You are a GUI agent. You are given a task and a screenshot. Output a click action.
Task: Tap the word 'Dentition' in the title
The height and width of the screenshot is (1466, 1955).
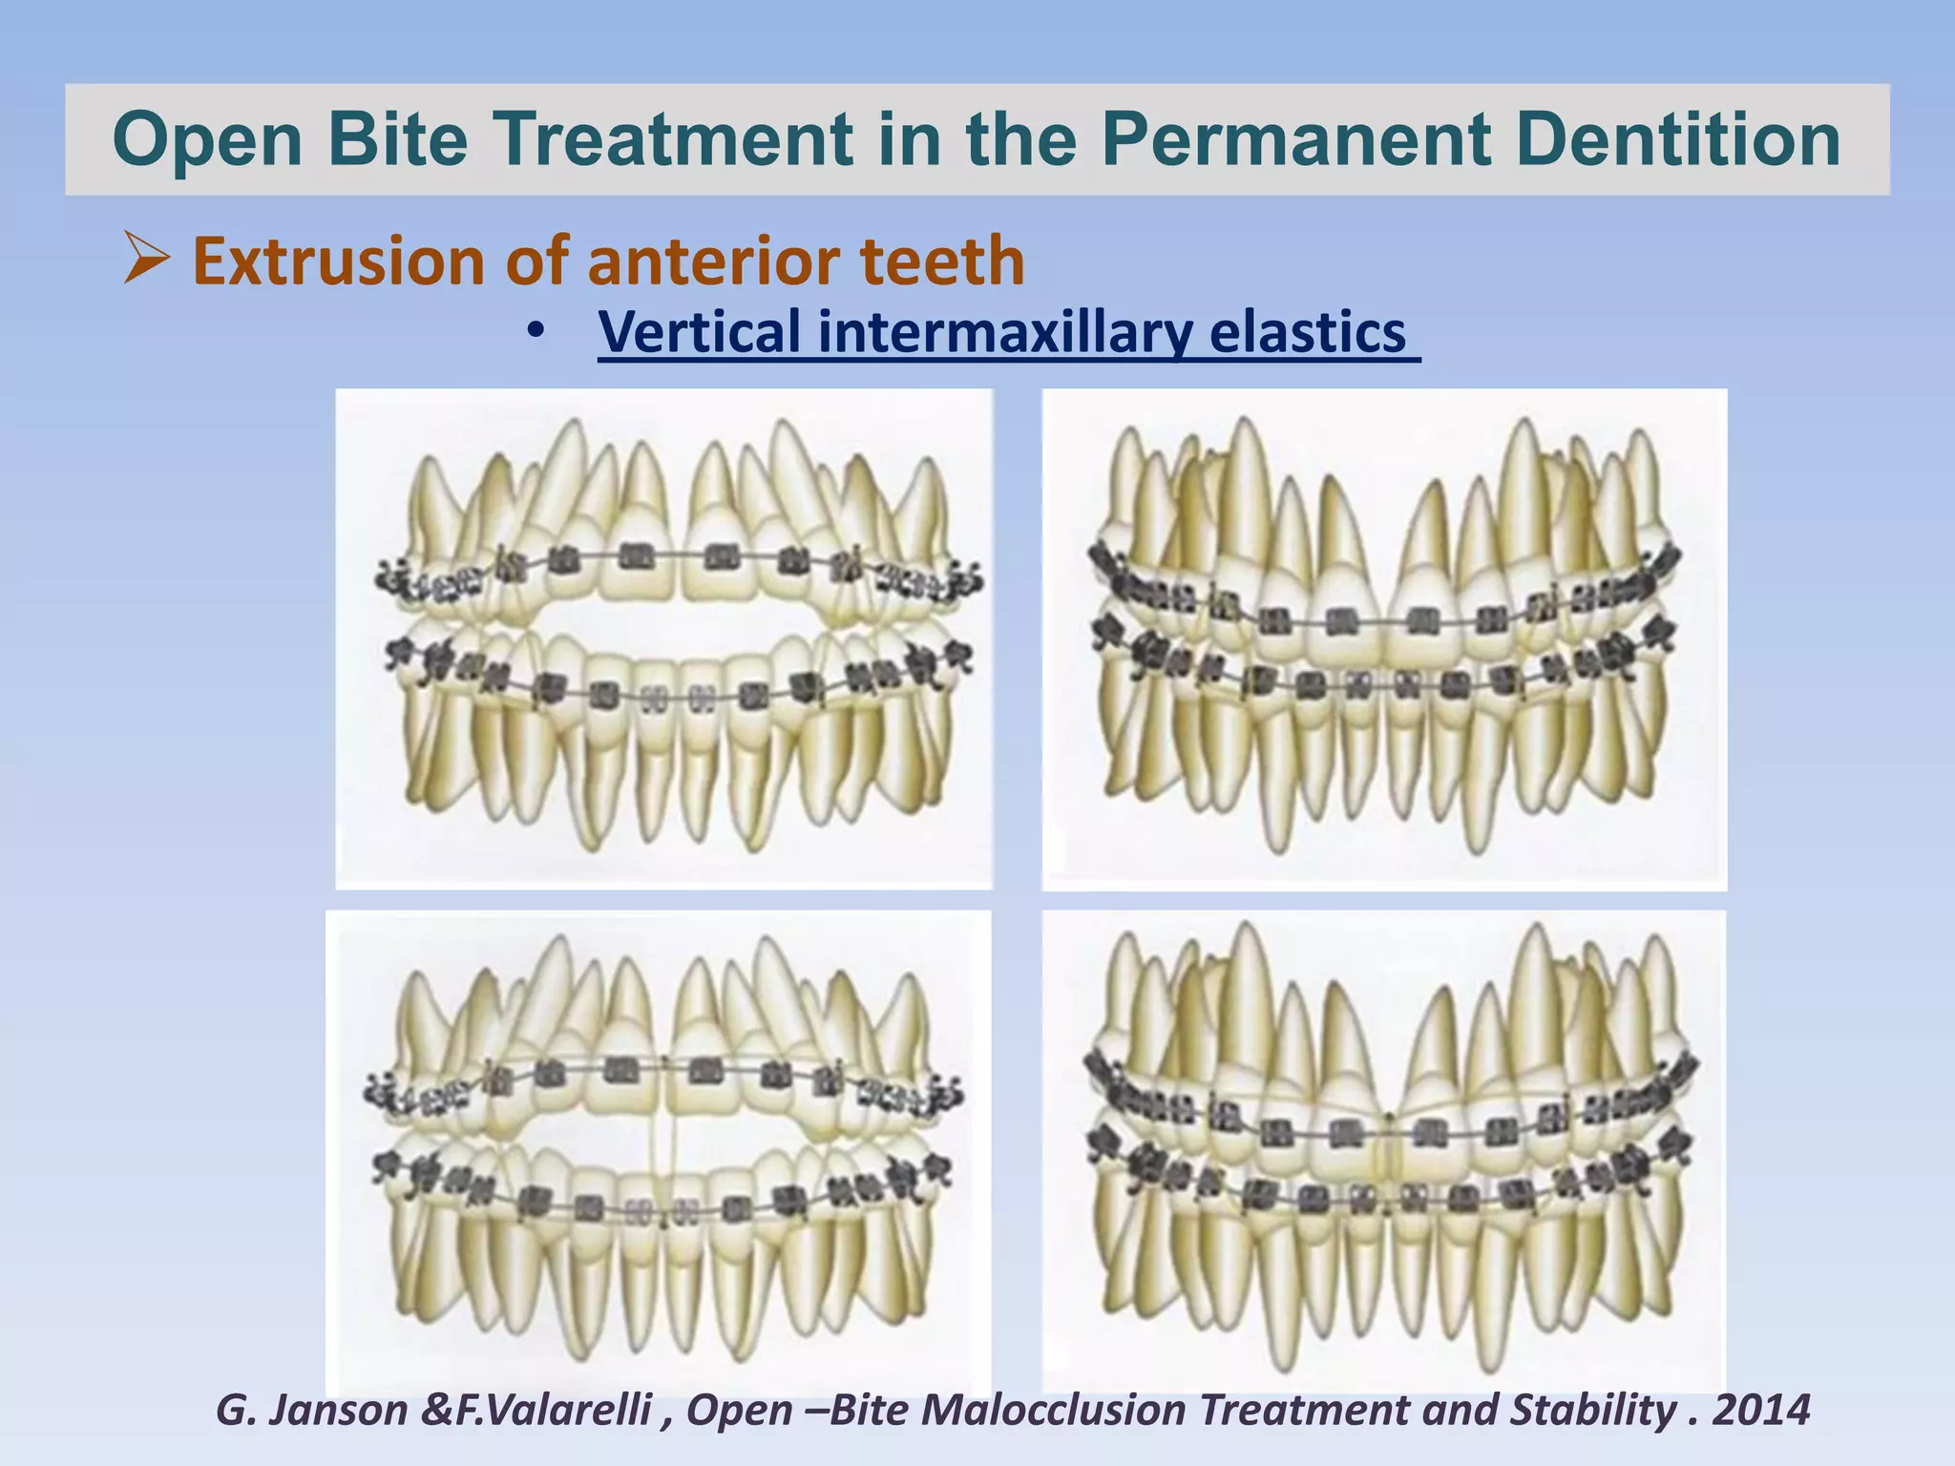(x=1677, y=139)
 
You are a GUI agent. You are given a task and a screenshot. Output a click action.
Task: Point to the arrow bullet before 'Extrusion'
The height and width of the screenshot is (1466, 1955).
(x=146, y=260)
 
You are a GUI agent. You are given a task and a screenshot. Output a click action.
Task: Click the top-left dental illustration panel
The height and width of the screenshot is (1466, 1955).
(x=663, y=639)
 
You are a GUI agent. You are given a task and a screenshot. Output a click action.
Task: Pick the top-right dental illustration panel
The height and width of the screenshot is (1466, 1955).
(x=1383, y=639)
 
